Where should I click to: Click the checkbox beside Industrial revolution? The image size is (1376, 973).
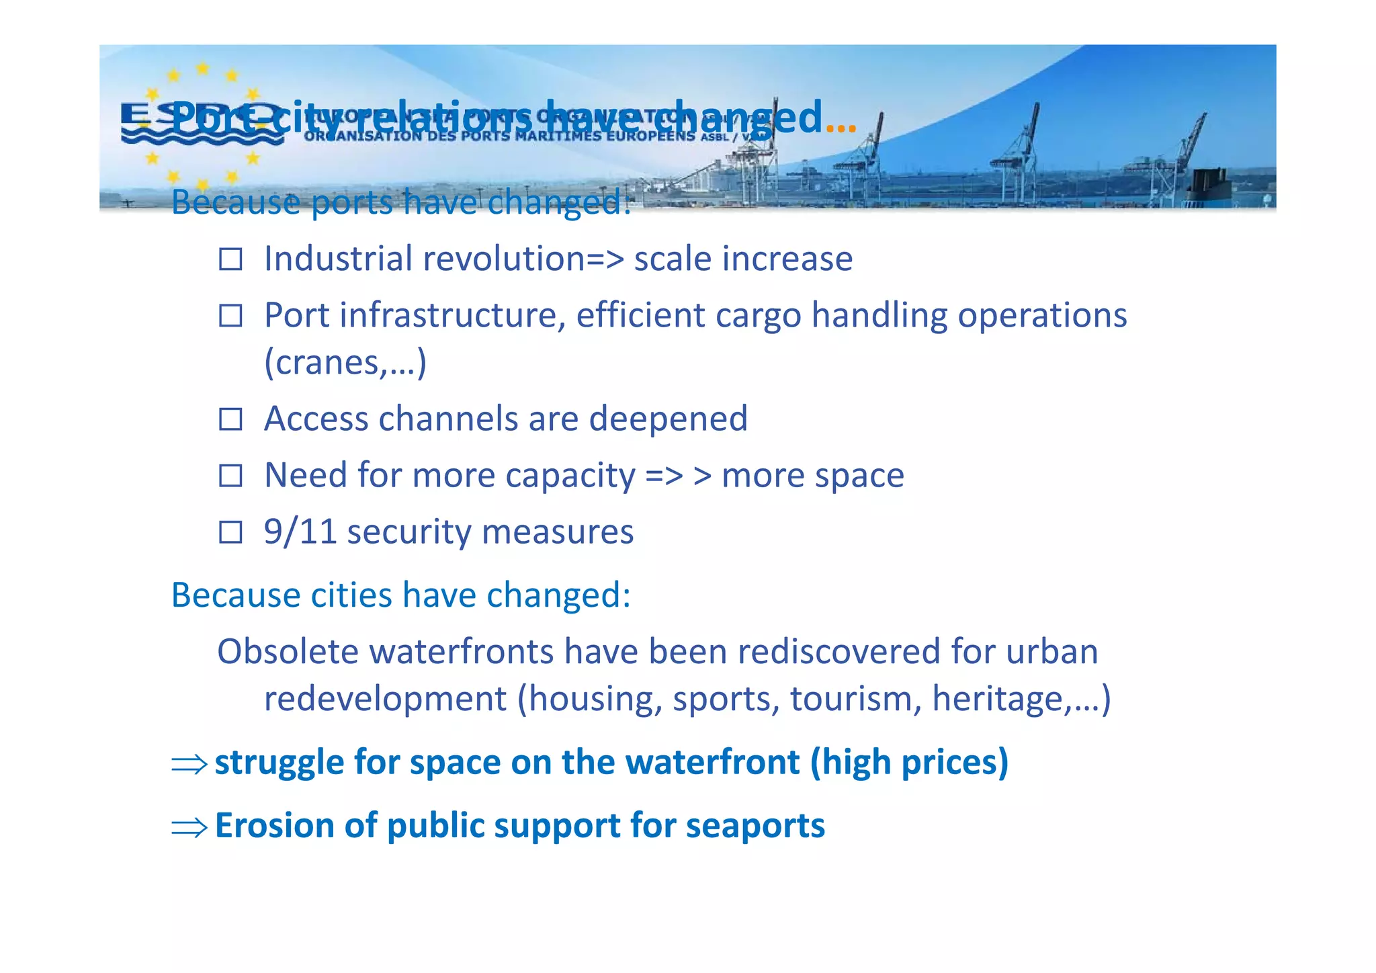[230, 259]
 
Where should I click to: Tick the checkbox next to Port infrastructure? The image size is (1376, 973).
[230, 315]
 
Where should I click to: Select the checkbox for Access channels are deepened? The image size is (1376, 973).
[230, 419]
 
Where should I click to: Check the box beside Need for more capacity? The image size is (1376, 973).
[230, 476]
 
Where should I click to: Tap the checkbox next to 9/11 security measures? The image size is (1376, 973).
[230, 532]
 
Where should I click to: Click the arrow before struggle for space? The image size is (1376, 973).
[189, 764]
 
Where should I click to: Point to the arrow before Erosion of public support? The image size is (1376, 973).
[189, 827]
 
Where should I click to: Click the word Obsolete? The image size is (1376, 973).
[292, 651]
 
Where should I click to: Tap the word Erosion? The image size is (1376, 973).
[274, 825]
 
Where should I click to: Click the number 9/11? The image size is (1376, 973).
[300, 532]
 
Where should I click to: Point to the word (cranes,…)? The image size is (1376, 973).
[345, 363]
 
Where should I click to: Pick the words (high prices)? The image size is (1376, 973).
[909, 763]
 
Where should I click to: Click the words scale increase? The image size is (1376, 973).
[743, 259]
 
